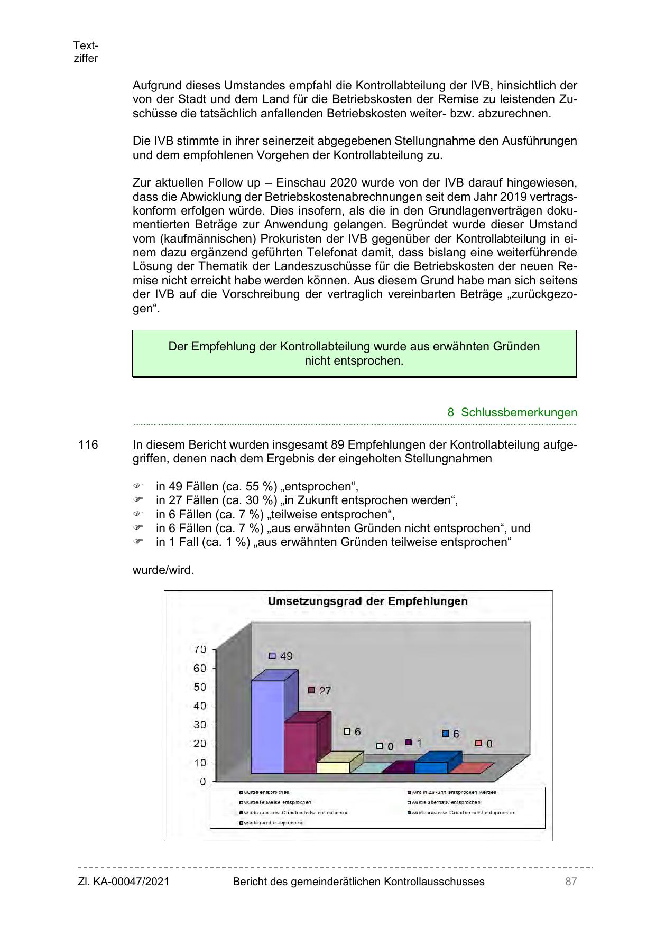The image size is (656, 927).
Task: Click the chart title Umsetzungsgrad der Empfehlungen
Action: (367, 601)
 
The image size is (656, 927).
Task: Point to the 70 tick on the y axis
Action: (199, 650)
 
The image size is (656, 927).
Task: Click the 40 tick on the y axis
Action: (199, 706)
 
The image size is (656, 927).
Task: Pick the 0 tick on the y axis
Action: (202, 781)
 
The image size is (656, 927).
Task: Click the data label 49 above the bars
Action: (286, 656)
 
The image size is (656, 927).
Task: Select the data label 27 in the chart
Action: (325, 691)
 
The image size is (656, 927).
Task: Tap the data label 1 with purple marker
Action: (419, 743)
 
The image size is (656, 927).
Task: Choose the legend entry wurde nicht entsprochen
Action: (273, 823)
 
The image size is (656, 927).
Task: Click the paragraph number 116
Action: (88, 444)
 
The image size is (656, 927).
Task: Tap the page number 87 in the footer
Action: (570, 881)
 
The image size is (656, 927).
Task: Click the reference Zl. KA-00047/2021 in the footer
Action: (124, 881)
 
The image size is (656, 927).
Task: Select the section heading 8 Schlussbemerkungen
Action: (512, 412)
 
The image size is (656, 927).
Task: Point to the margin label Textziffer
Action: (86, 52)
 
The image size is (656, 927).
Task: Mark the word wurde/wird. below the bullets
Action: (163, 570)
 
